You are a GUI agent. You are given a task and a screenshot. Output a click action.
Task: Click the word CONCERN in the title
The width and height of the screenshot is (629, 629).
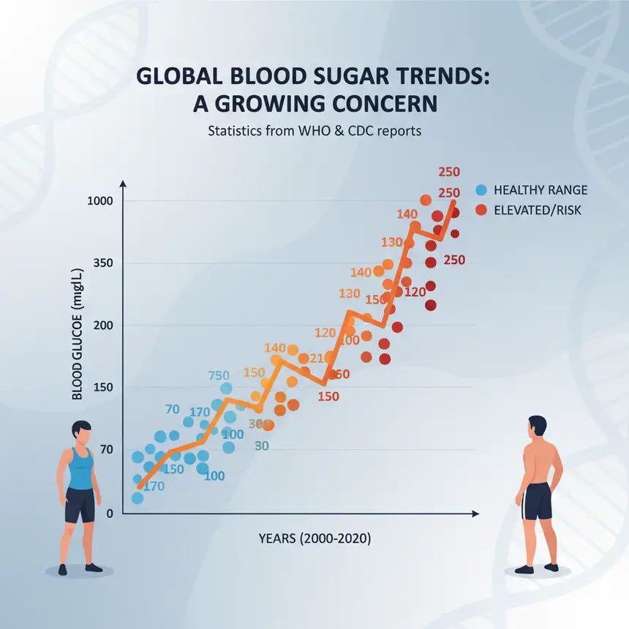point(385,104)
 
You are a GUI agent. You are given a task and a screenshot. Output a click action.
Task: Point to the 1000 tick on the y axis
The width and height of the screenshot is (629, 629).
point(100,200)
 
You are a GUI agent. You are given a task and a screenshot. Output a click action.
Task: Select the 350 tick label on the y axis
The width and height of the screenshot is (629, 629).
point(103,263)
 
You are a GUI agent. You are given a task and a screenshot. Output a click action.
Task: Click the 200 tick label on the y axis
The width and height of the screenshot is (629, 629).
point(103,325)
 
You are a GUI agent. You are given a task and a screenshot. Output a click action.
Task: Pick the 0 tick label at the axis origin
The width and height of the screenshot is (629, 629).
point(110,513)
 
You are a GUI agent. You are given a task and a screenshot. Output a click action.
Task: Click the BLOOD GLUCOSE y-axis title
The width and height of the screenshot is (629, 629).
point(77,334)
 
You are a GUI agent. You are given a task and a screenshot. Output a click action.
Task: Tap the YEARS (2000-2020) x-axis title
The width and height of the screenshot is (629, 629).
point(314,538)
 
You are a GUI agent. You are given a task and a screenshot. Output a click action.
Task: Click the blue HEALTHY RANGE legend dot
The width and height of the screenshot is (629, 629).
point(481,189)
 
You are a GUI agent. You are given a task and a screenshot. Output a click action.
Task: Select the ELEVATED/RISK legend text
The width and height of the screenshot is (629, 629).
point(537,210)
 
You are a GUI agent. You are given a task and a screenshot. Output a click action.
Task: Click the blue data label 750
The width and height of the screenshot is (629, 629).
point(219,375)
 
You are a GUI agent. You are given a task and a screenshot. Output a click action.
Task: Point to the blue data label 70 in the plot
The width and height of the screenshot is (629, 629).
point(173,409)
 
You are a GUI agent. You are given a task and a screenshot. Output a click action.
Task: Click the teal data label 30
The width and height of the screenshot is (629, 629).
point(262,445)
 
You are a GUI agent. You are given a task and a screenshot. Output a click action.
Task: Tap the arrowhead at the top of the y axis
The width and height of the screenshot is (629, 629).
point(123,184)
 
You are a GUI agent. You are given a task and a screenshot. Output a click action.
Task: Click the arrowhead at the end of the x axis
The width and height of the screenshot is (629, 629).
point(475,514)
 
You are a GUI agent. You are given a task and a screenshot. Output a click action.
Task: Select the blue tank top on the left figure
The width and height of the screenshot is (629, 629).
point(80,469)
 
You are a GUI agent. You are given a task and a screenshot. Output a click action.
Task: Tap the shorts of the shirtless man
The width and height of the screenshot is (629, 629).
point(538,501)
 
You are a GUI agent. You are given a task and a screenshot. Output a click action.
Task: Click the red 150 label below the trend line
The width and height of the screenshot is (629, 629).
point(328,396)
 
